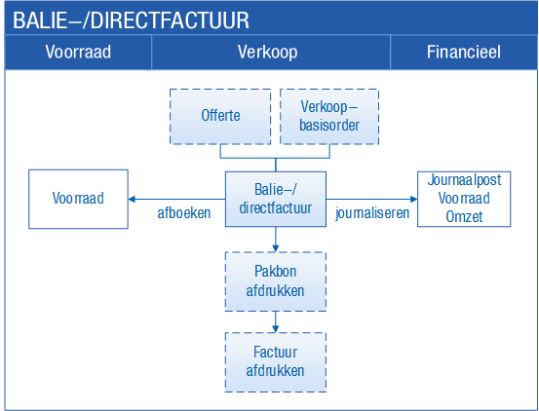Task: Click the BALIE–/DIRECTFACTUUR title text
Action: (131, 20)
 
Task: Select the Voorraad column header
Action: (78, 53)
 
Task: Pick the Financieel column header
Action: (464, 53)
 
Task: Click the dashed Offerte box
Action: (220, 117)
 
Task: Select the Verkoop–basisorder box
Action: (329, 117)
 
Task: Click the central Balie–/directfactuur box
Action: (275, 199)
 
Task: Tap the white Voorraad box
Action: (78, 199)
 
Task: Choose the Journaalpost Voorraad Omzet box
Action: (464, 199)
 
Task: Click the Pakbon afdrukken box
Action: (275, 281)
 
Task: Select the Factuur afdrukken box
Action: (275, 362)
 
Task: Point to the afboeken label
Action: (184, 213)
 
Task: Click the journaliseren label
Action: (372, 213)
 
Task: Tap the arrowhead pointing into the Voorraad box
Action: (132, 199)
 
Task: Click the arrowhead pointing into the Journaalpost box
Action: (414, 199)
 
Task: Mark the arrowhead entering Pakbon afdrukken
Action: (275, 248)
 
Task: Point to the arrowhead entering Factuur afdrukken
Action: (275, 329)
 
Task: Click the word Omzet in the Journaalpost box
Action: (464, 216)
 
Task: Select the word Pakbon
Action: (275, 272)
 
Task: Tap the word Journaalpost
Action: (464, 180)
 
